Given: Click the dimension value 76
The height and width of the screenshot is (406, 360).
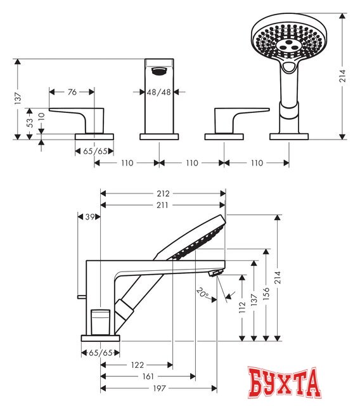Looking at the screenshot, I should (x=72, y=92).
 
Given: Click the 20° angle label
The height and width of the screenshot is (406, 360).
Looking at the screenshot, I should (x=202, y=292).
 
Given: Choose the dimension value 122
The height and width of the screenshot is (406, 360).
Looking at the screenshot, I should (x=138, y=365).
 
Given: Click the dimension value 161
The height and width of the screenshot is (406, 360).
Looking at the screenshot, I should (x=148, y=376).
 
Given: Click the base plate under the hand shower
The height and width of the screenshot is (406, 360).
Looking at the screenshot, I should (x=288, y=136).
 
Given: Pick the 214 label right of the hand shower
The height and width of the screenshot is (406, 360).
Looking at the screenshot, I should (x=343, y=76).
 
